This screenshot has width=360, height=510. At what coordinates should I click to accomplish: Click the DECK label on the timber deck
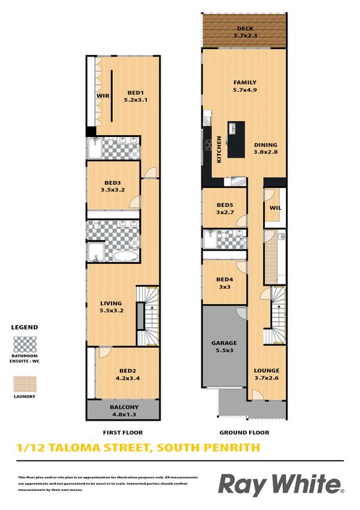tap(245, 29)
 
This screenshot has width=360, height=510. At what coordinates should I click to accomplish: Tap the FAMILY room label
tap(245, 83)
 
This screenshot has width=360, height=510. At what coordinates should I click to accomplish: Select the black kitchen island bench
tap(236, 140)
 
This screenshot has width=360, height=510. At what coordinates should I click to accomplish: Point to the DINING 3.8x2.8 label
tap(266, 149)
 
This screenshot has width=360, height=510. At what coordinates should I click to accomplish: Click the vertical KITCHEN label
tap(219, 149)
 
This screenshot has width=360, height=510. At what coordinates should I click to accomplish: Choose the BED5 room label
tap(225, 205)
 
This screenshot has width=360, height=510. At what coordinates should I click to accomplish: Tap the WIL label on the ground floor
tap(275, 208)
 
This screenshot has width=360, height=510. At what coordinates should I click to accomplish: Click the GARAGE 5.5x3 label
tap(224, 346)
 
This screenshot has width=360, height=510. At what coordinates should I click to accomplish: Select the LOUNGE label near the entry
tap(267, 370)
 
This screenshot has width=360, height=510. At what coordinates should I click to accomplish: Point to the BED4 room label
tap(225, 279)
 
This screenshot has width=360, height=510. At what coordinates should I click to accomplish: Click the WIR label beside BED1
tap(103, 96)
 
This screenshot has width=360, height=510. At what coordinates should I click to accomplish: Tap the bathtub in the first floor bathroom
tap(126, 256)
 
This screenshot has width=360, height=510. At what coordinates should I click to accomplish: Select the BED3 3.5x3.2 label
tap(113, 186)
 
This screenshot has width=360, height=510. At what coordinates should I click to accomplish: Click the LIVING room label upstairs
tap(112, 307)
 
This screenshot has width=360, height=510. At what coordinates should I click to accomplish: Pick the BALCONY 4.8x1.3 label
tap(124, 411)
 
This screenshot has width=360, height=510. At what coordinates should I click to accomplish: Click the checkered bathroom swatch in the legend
tap(25, 344)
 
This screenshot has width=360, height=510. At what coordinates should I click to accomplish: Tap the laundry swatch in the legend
tap(25, 384)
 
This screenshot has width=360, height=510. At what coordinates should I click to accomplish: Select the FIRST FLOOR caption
tap(123, 433)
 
